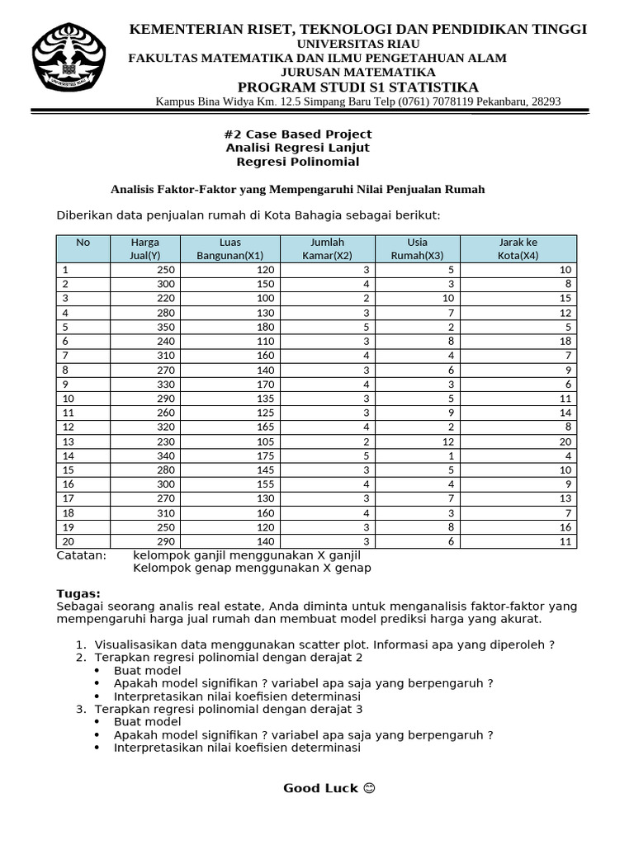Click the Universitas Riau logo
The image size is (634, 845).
pos(69,57)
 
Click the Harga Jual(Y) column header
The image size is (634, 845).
pos(144,248)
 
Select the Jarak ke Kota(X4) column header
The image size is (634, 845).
pos(518,248)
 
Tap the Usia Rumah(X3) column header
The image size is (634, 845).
pos(418,248)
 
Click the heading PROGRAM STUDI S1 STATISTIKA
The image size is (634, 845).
pos(357,87)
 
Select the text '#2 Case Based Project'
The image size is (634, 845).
pos(298,134)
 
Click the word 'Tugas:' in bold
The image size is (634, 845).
pos(78,593)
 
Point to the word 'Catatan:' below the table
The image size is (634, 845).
pos(81,555)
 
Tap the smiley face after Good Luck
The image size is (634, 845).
pos(369,788)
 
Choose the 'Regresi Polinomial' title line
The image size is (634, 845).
pos(298,162)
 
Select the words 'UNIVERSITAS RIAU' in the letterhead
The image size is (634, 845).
pos(357,43)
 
